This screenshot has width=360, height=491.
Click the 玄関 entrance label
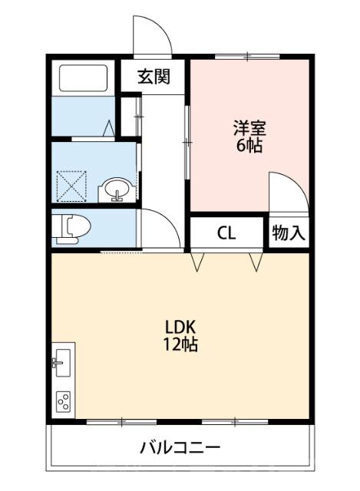pyautogui.click(x=153, y=77)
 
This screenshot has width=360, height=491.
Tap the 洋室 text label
pyautogui.click(x=249, y=128)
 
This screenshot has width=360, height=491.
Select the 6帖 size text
pyautogui.click(x=249, y=145)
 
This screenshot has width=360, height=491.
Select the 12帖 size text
pyautogui.click(x=180, y=344)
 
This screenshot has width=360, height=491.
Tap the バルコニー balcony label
pyautogui.click(x=180, y=447)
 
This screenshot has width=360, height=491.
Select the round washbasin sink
pyautogui.click(x=117, y=189)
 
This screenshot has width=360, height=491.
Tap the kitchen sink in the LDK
pyautogui.click(x=62, y=361)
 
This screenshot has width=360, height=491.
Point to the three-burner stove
pyautogui.click(x=63, y=401)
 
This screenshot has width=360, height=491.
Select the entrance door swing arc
pyautogui.click(x=150, y=35)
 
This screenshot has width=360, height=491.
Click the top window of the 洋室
pyautogui.click(x=248, y=57)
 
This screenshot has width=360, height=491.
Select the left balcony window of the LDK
pyautogui.click(x=123, y=421)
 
